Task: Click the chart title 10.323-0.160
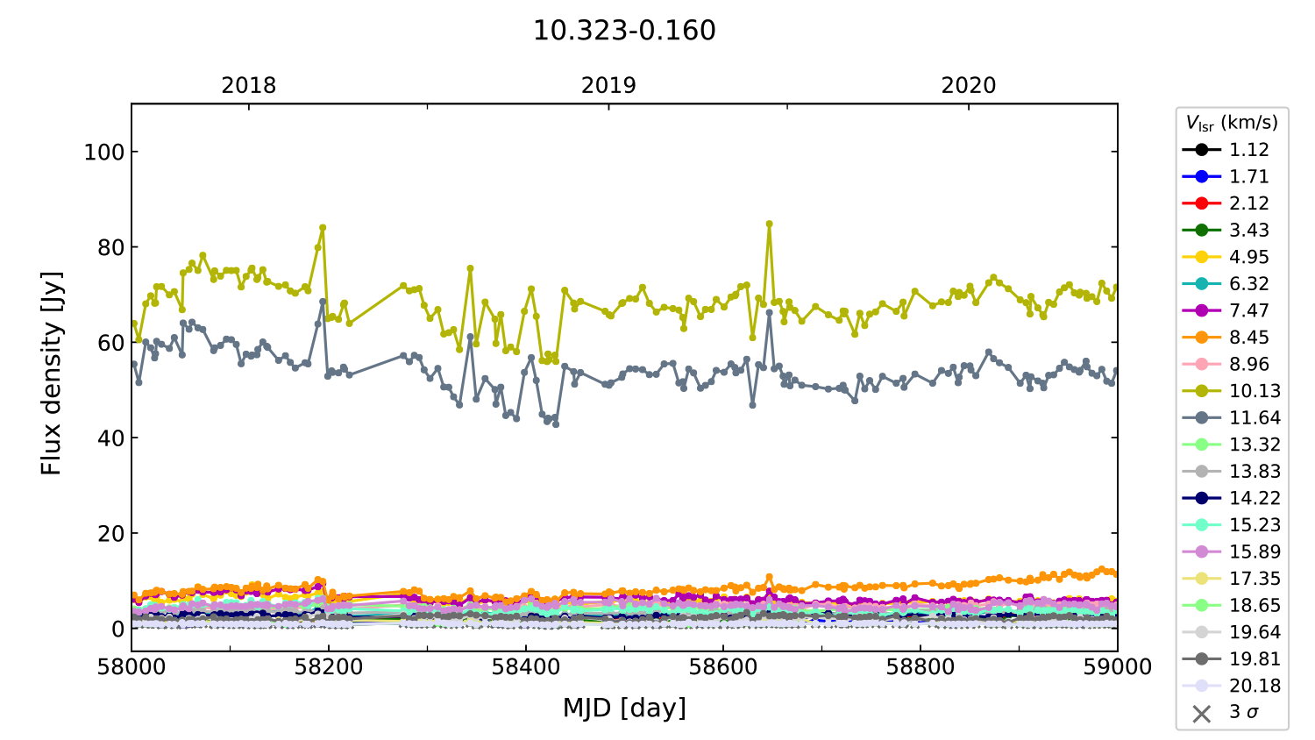click(x=624, y=31)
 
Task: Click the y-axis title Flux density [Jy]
click(x=52, y=374)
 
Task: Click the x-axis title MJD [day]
click(x=624, y=708)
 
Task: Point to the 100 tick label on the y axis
click(x=104, y=152)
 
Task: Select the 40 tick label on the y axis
click(x=110, y=438)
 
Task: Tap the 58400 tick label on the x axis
click(x=526, y=667)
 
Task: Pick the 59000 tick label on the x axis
click(x=1117, y=667)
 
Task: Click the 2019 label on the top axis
click(x=608, y=85)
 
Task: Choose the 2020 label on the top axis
click(x=969, y=85)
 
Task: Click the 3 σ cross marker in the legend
click(x=1202, y=713)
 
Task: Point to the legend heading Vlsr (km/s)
click(x=1232, y=123)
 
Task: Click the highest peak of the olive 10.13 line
click(x=769, y=224)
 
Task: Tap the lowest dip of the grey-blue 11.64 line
click(x=556, y=423)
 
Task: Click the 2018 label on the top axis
click(x=248, y=85)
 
